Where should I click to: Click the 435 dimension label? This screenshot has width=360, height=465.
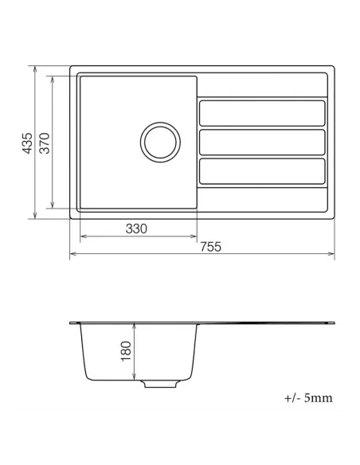click(x=28, y=143)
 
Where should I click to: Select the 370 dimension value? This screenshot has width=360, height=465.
click(x=45, y=143)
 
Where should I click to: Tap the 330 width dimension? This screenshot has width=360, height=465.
click(x=136, y=229)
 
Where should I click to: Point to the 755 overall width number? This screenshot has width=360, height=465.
click(x=209, y=248)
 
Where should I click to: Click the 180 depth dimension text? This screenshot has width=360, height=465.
click(x=125, y=351)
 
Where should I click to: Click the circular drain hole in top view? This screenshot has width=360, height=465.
click(x=159, y=142)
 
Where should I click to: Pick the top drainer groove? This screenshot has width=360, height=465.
click(x=262, y=112)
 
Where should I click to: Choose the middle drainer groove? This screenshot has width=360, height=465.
click(x=262, y=142)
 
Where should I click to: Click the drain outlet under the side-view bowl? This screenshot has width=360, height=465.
click(x=159, y=384)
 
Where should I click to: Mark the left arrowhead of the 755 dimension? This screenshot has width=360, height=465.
click(x=73, y=256)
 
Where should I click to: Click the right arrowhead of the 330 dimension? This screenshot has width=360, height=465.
click(x=194, y=236)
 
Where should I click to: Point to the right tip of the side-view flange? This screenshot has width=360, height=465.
click(x=334, y=323)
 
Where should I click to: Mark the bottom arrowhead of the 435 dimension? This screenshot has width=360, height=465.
click(x=36, y=216)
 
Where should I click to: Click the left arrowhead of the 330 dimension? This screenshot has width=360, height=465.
click(x=81, y=236)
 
